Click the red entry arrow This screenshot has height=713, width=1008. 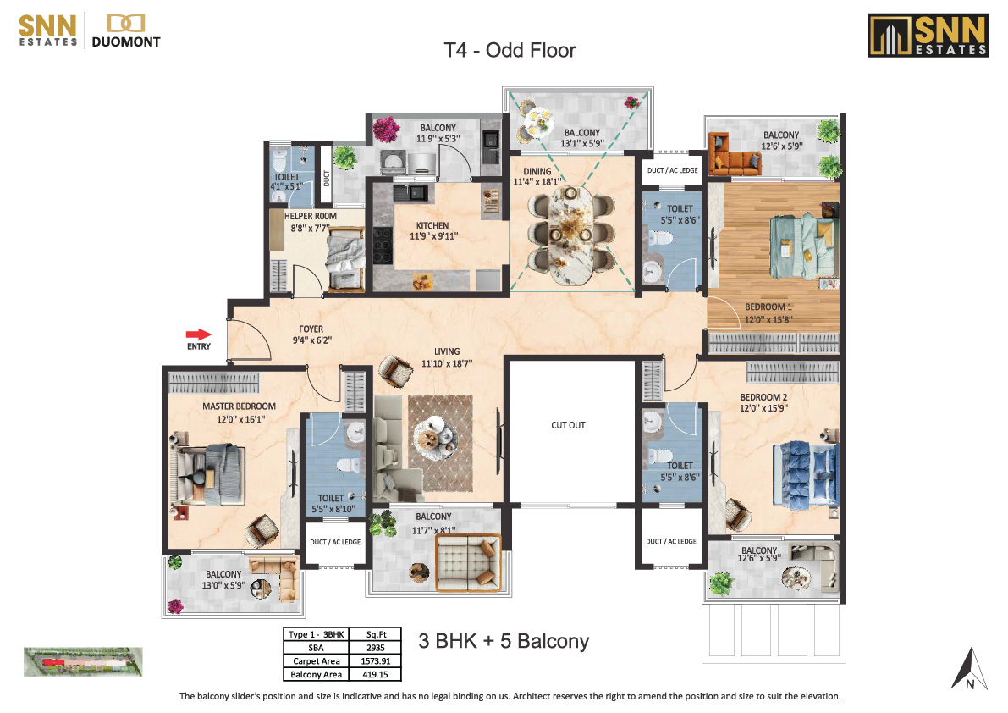point(199,334)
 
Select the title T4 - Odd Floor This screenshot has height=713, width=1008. point(510,50)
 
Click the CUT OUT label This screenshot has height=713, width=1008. point(568,425)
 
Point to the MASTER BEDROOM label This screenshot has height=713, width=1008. point(240,406)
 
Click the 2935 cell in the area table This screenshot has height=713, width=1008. point(376,648)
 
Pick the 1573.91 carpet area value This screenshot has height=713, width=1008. point(376,661)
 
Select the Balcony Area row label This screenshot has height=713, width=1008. point(317,674)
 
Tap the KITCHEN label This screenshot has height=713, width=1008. point(432,225)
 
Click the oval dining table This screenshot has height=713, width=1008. point(570,235)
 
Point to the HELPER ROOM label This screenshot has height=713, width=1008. point(311,216)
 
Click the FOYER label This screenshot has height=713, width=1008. point(311,329)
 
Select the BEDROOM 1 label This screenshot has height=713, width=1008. point(768,307)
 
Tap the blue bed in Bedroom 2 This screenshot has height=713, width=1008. point(806,473)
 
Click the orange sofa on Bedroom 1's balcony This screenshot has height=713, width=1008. point(734,153)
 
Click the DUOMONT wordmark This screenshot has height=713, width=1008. point(126,41)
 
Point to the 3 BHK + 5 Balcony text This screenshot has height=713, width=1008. point(504,641)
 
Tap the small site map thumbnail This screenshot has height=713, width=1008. point(83,661)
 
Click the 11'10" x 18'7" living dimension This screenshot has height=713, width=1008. point(447,364)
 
